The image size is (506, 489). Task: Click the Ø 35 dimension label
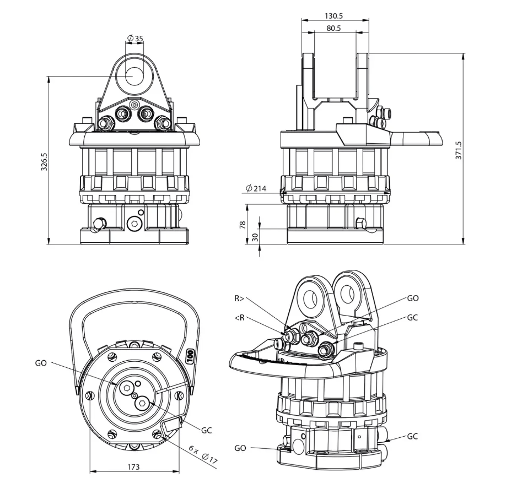[135, 39]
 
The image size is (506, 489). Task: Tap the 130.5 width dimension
[335, 16]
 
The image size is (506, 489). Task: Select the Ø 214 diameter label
[256, 189]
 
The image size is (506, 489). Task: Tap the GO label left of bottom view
[41, 363]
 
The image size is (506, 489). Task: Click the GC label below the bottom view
[206, 430]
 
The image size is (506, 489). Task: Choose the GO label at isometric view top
[412, 298]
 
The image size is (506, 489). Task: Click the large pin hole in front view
[135, 75]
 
